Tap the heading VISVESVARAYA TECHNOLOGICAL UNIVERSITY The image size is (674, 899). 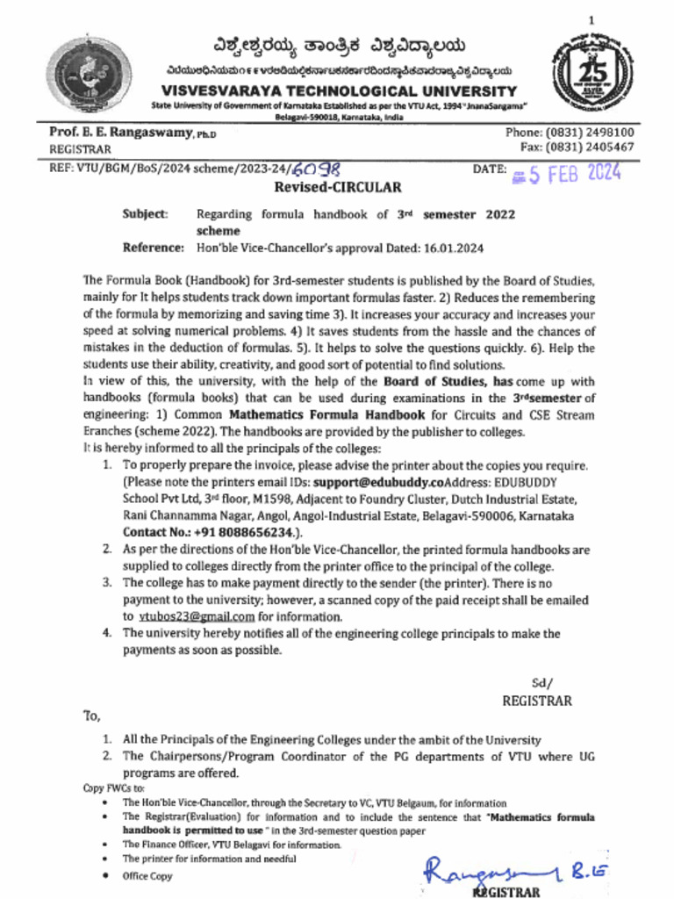click(x=339, y=91)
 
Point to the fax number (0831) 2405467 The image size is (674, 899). click(x=590, y=147)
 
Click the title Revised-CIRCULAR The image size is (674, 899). click(x=338, y=187)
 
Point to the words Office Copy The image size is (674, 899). click(x=147, y=876)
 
